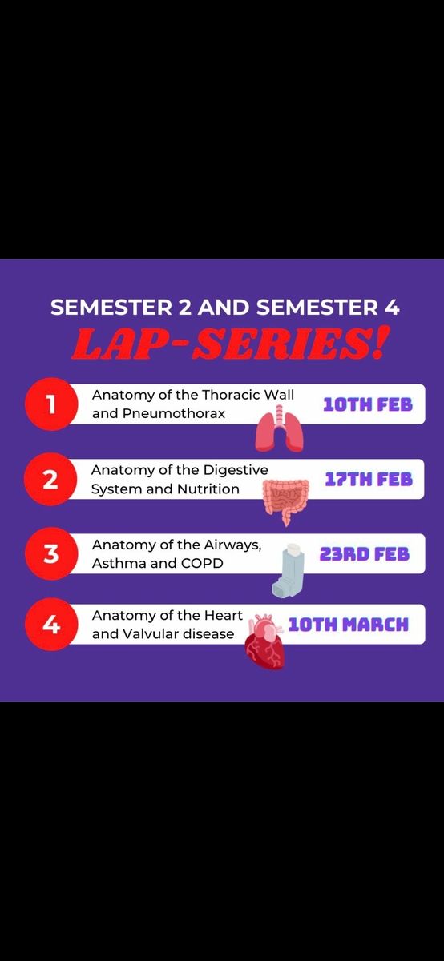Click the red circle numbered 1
pos(51,404)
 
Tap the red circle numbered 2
pos(50,479)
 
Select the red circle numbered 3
pos(51,553)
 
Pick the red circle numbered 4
pos(51,624)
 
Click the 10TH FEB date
pos(368,404)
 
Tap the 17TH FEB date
pos(369,479)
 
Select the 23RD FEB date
pos(365,554)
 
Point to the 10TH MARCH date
pos(349,625)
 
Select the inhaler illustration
pos(289,570)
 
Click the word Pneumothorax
pos(173,413)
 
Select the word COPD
pos(202,563)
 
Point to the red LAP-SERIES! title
pos(231,344)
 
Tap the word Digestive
pos(236,470)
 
